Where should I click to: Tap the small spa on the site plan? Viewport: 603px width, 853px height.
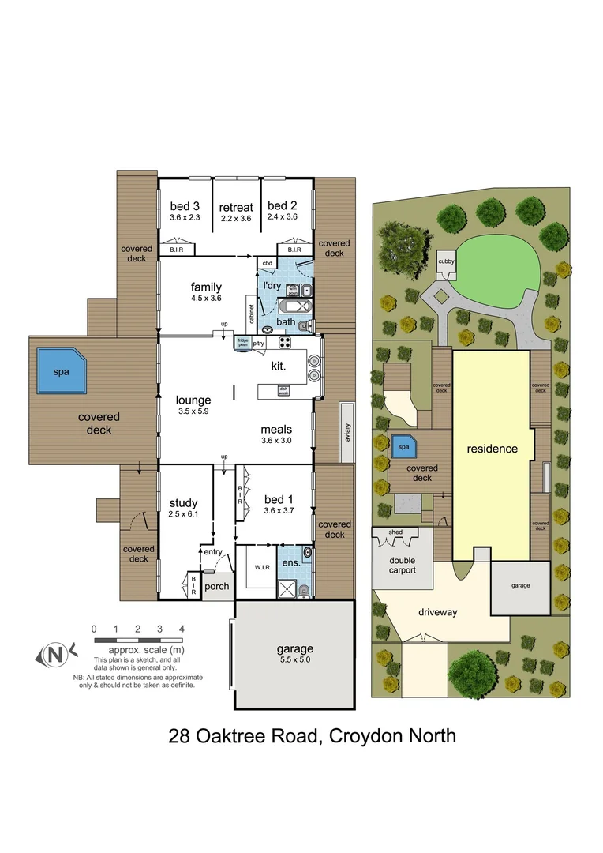[404, 447]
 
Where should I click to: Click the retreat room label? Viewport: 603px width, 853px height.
[235, 207]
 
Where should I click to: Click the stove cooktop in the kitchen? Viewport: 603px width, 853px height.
[285, 343]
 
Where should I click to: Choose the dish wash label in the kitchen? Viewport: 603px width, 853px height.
[284, 389]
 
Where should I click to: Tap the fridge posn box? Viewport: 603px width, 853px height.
[243, 343]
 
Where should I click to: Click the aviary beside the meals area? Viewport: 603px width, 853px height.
[346, 432]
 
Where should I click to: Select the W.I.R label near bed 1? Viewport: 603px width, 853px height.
[263, 566]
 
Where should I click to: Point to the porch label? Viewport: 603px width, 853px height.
[216, 587]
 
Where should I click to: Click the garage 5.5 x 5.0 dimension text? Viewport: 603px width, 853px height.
[294, 661]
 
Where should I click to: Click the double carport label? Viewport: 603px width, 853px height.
[403, 565]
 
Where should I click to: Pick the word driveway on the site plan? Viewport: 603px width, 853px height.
[437, 611]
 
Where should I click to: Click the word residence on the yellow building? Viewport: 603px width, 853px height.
[492, 449]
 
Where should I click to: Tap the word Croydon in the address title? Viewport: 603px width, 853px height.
[361, 736]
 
